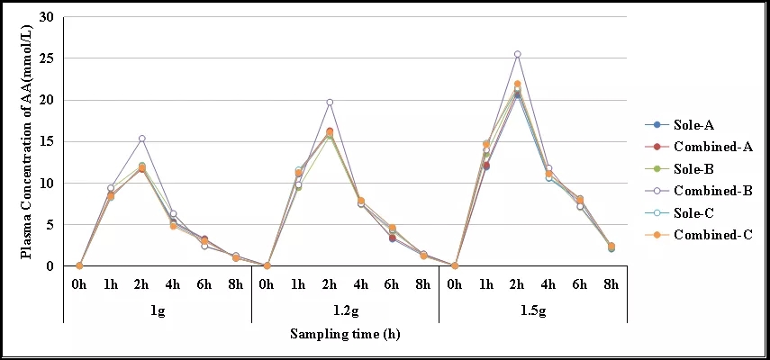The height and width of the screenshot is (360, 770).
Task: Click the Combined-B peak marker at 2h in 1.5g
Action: (x=517, y=54)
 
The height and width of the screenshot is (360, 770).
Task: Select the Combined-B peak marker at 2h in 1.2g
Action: (x=330, y=103)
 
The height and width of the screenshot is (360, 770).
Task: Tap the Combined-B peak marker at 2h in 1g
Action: (x=142, y=139)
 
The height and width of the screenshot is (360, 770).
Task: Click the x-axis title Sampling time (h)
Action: (x=345, y=335)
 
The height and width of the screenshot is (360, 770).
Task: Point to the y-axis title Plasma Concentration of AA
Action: (x=26, y=141)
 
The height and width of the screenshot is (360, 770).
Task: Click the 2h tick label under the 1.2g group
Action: (x=330, y=286)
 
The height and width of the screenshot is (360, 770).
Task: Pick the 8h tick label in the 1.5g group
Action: (x=611, y=286)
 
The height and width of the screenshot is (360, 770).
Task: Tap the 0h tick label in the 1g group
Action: (x=79, y=286)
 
